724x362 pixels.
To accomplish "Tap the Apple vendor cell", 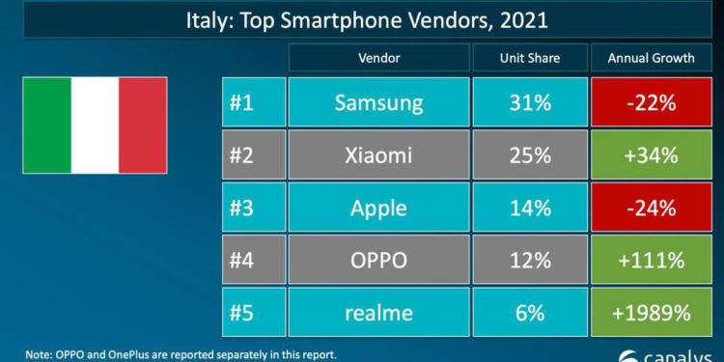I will [379, 206].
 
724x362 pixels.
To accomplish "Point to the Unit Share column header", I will [528, 57].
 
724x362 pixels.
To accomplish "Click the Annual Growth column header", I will [651, 57].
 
